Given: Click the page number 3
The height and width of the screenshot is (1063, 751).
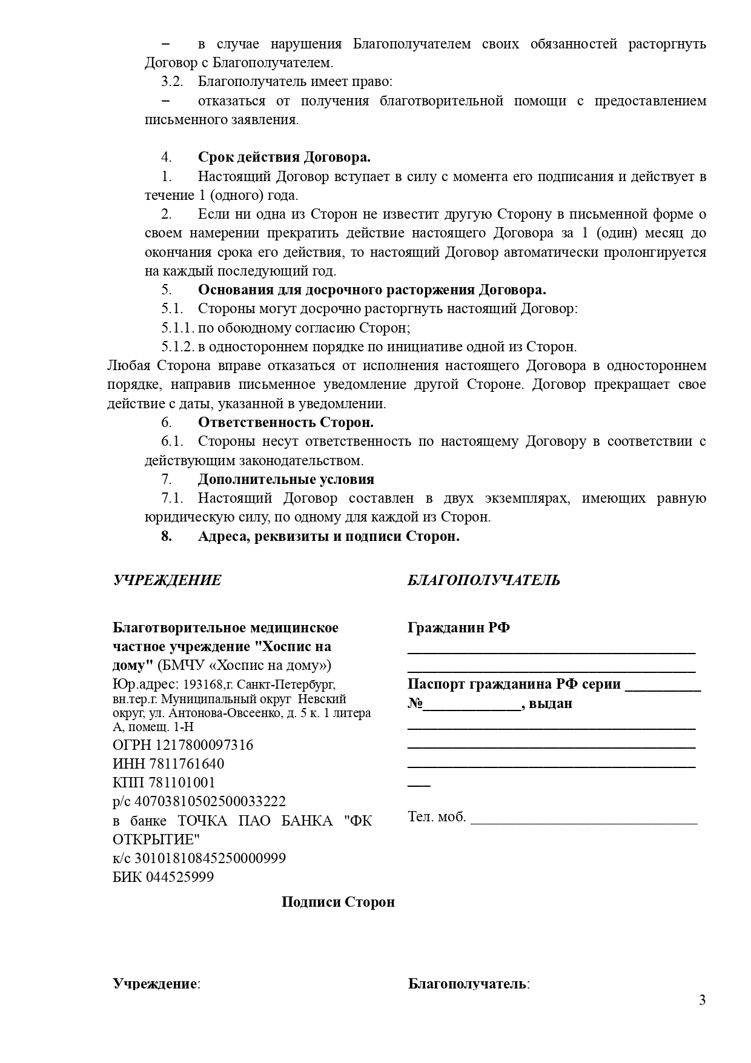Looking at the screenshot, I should coord(702,1000).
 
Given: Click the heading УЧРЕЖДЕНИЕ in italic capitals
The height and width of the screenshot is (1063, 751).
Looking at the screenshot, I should coord(167,580).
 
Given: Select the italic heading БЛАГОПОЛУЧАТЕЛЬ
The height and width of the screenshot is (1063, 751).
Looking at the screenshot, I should coord(483,580).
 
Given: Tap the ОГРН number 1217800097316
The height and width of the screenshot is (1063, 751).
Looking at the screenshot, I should coord(204,745).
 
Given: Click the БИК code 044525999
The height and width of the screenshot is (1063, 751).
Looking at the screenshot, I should coord(179,877).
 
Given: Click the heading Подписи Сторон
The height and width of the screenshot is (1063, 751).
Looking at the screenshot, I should coord(338,902).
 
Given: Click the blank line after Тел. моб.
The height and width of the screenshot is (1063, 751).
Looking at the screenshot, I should coord(583,819).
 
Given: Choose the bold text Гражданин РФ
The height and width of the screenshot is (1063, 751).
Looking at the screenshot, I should coord(458,628).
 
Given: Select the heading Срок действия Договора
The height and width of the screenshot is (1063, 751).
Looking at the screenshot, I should coord(284,157).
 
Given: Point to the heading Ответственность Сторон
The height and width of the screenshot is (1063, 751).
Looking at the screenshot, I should coord(285,422).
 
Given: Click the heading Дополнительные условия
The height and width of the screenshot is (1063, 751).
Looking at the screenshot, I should coord(286,479).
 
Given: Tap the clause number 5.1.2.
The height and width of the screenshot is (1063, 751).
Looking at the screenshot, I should coord(177,347).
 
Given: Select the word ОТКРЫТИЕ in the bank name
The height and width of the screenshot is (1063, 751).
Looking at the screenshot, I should coord(156,839).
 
